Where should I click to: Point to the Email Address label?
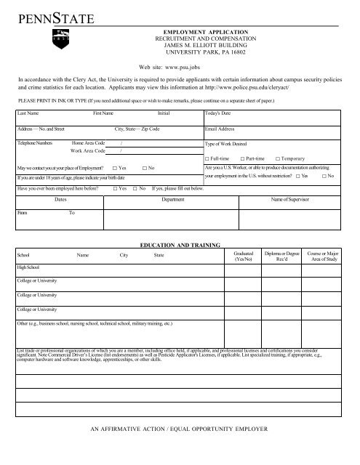[x=220, y=129]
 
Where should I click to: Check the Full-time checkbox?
[x=208, y=158]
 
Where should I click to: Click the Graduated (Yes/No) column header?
[x=239, y=255]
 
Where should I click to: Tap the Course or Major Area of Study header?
[x=324, y=255]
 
